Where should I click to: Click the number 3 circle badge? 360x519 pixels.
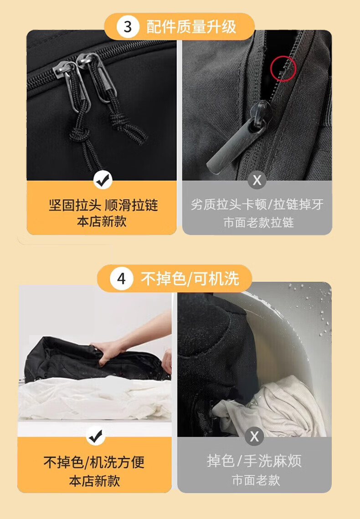tap(128, 26)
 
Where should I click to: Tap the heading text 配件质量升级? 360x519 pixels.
tap(191, 26)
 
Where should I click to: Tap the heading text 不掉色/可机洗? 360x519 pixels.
tap(190, 278)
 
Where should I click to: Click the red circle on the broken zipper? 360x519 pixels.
tap(283, 69)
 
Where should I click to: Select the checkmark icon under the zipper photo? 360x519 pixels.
tap(103, 180)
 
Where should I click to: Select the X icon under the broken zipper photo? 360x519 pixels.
tap(257, 180)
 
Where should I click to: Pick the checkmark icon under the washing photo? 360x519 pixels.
tap(96, 437)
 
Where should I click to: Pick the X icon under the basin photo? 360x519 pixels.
tap(254, 437)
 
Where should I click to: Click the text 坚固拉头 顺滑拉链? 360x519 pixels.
tap(103, 205)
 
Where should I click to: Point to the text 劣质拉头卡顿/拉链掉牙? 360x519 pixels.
tap(257, 204)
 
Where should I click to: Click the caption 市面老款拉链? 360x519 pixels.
tap(259, 223)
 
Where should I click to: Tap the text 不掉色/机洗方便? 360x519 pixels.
tap(94, 462)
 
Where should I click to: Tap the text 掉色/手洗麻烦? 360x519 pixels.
tap(254, 461)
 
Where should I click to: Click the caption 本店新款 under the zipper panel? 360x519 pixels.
tap(102, 221)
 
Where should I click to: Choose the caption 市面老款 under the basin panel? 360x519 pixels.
tap(256, 480)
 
